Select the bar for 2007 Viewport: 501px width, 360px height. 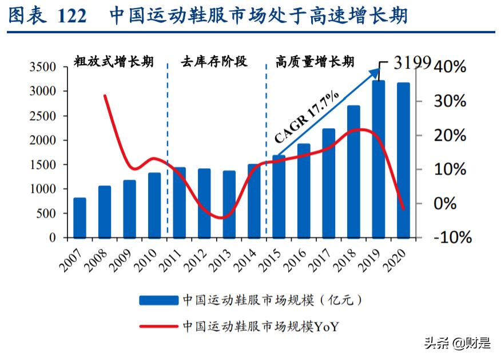80,218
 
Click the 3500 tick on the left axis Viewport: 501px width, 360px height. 43,67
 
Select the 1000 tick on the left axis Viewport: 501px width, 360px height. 43,189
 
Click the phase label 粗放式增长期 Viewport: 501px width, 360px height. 113,61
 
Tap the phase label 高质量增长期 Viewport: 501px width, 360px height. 315,61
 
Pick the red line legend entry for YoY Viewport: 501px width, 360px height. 158,326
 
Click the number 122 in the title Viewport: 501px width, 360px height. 71,16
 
